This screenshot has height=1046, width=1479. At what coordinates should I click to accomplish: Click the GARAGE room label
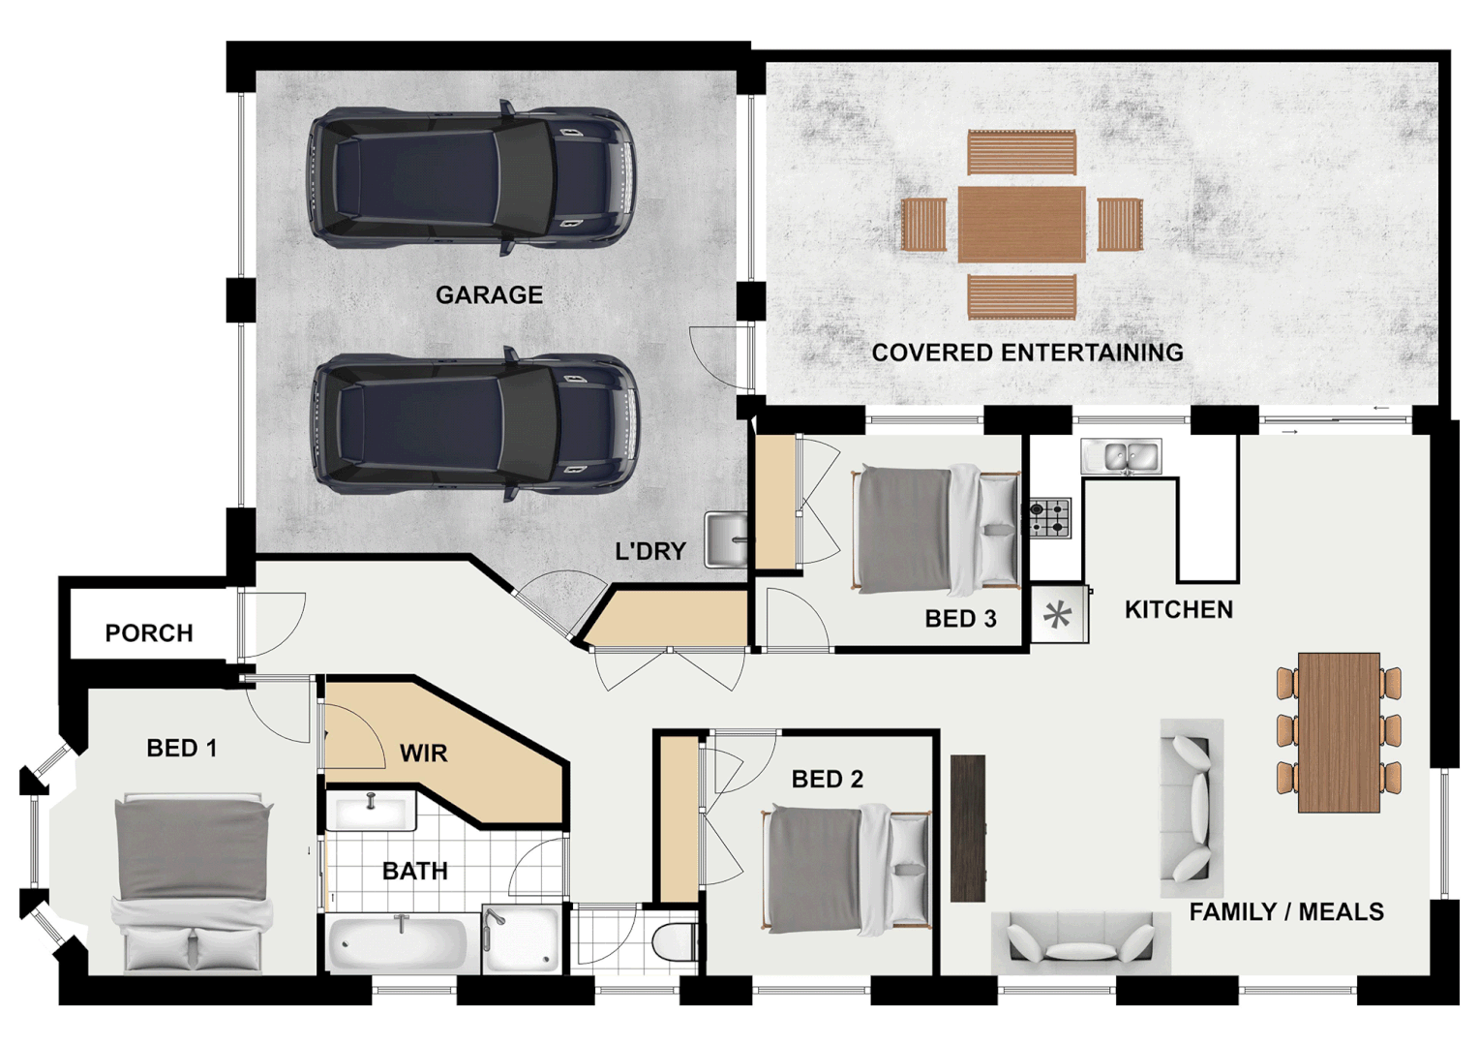point(489,295)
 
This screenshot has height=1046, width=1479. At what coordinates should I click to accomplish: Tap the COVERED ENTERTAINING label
point(1027,353)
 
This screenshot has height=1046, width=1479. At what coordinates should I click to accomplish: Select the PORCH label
point(149,633)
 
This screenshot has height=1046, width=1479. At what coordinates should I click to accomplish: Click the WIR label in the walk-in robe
point(424,754)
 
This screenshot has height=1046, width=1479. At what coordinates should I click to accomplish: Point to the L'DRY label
point(650,552)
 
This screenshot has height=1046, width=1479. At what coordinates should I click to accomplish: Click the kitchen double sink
point(1121,456)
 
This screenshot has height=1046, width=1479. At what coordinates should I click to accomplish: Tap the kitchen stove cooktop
point(1049,518)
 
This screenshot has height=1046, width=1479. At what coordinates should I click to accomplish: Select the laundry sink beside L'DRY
point(727,539)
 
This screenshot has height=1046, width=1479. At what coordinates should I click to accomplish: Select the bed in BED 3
point(935,530)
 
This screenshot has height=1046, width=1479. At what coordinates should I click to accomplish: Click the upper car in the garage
point(471,179)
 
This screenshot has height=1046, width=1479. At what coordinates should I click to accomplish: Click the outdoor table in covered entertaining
point(1021,225)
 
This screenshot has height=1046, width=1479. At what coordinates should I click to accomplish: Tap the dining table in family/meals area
point(1339,731)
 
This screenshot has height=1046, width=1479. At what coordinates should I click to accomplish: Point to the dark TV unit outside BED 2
point(968,829)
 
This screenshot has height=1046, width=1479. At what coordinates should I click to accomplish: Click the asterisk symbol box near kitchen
point(1058,615)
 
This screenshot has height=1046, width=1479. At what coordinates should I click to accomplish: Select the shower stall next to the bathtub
point(522,938)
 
